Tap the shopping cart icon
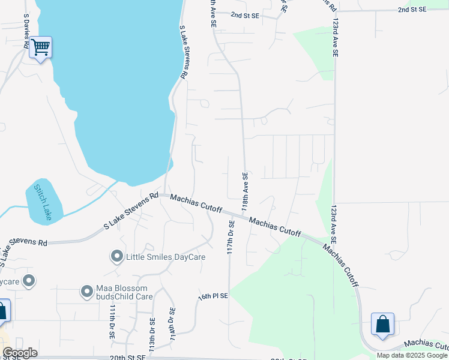(x=40, y=47)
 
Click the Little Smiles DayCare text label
(x=166, y=257)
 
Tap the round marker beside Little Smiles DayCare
(x=116, y=257)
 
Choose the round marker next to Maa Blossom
(x=87, y=292)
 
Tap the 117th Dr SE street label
(x=231, y=237)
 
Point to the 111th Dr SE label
(x=112, y=321)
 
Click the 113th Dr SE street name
(x=152, y=334)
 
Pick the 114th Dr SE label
(x=172, y=325)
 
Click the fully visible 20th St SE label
(x=128, y=356)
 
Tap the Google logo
(x=20, y=353)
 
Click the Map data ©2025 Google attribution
(x=412, y=355)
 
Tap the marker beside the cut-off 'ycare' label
(x=28, y=281)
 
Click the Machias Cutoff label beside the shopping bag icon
(x=426, y=344)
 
